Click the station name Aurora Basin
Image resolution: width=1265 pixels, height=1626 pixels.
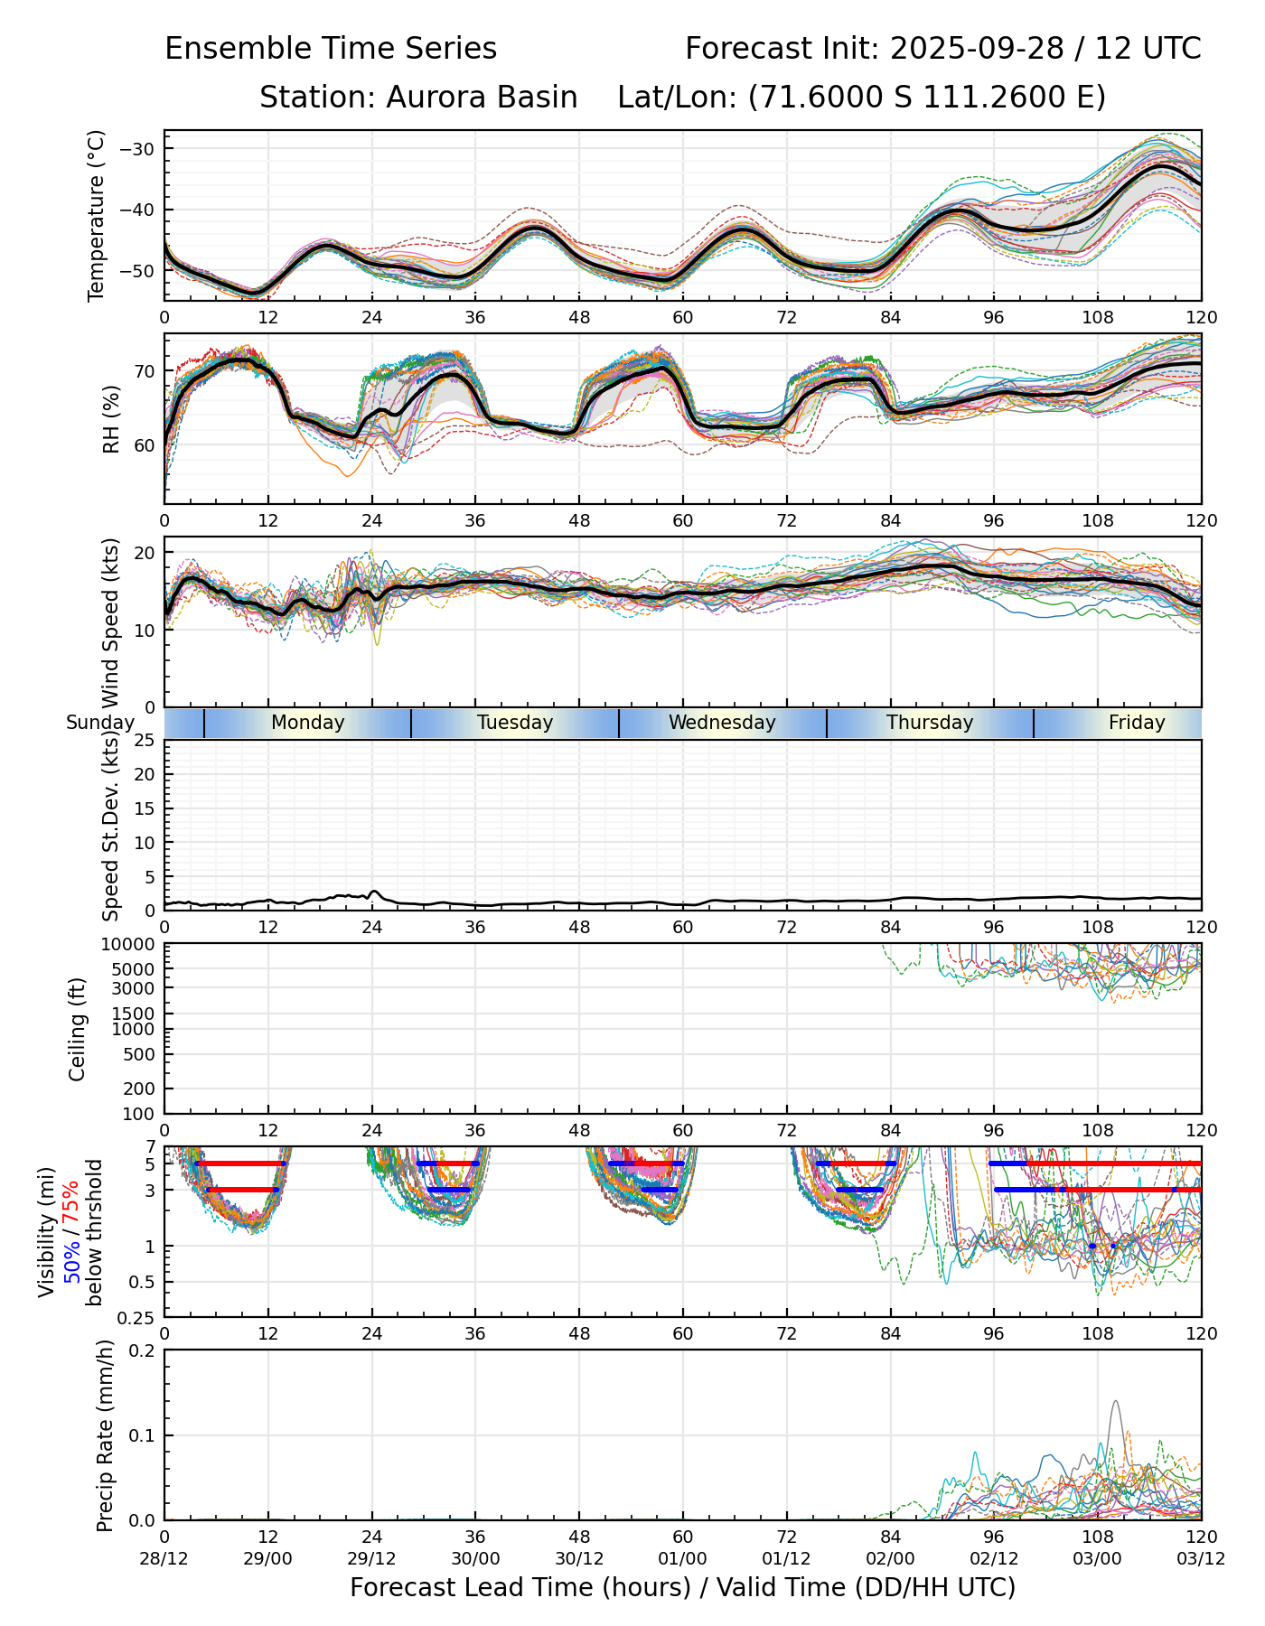click(x=482, y=98)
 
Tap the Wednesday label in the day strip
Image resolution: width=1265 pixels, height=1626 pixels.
click(x=722, y=723)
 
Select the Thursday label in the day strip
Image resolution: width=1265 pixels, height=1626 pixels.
click(x=930, y=723)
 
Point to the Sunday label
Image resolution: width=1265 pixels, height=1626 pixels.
click(x=99, y=723)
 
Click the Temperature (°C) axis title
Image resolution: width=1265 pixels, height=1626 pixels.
click(x=97, y=215)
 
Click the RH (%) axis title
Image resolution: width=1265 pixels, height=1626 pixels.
click(x=111, y=418)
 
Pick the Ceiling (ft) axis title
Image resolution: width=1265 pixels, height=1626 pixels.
click(x=78, y=1029)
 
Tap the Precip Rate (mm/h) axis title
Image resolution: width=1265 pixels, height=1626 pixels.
click(x=105, y=1435)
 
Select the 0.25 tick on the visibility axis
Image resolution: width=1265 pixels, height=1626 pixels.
click(x=138, y=1317)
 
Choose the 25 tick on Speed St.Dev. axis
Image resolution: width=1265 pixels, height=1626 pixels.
click(x=145, y=741)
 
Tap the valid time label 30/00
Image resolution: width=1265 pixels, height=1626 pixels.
click(x=475, y=1559)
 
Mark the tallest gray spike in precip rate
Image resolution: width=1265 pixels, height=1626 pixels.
click(x=1116, y=1402)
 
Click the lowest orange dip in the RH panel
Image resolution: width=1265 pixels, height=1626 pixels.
click(x=347, y=475)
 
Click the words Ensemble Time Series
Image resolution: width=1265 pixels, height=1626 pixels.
click(x=331, y=49)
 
